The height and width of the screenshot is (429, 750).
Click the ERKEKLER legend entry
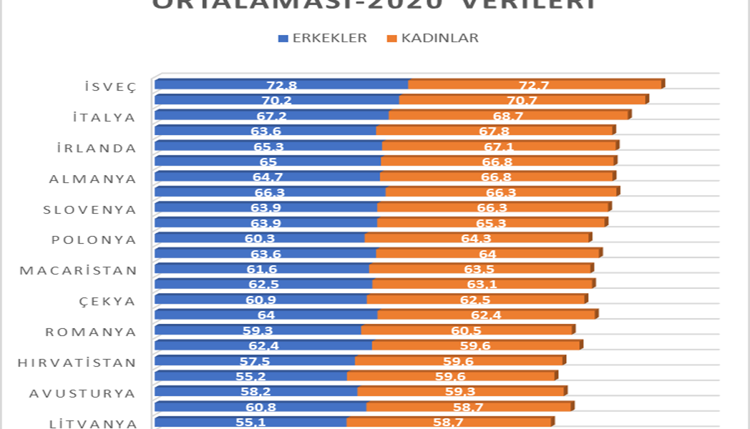click(x=323, y=38)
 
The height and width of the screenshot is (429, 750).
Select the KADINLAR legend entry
click(x=433, y=38)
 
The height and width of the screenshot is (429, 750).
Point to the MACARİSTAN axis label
click(x=78, y=271)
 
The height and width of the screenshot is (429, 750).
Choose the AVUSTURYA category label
click(x=82, y=393)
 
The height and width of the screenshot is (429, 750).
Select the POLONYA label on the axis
click(x=94, y=240)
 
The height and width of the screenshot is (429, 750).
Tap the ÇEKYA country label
click(x=107, y=301)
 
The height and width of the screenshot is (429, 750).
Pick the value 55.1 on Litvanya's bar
click(x=250, y=423)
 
